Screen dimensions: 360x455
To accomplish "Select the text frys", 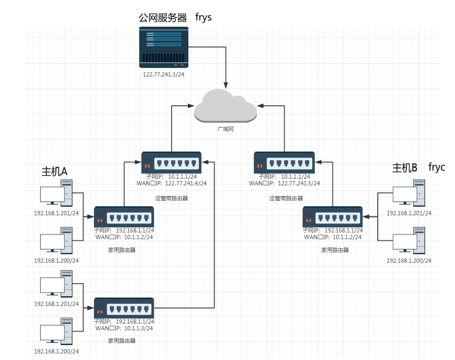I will [203, 18].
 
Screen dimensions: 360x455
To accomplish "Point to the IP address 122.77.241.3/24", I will [164, 74].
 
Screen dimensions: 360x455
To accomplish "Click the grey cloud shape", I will [225, 106].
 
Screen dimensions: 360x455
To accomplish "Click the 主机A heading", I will [54, 171].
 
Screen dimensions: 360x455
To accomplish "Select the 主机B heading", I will [404, 168].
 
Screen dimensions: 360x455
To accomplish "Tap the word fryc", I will [436, 167].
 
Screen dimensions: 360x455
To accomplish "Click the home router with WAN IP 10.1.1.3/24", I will [124, 308].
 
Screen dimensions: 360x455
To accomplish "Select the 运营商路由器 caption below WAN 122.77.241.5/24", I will [286, 198].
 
